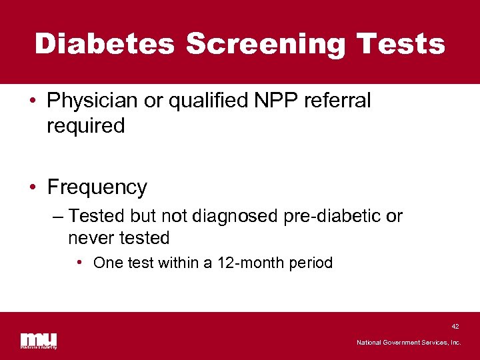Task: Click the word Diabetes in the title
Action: point(104,44)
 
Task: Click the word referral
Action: point(338,101)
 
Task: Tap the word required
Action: point(85,125)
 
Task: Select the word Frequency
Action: point(97,187)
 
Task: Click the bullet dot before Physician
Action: point(33,101)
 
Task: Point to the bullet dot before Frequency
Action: point(33,187)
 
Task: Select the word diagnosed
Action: point(243,217)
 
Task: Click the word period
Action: point(309,263)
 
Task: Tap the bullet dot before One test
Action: point(79,263)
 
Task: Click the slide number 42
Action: point(455,327)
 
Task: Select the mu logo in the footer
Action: point(38,341)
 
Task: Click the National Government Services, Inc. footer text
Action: point(409,342)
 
